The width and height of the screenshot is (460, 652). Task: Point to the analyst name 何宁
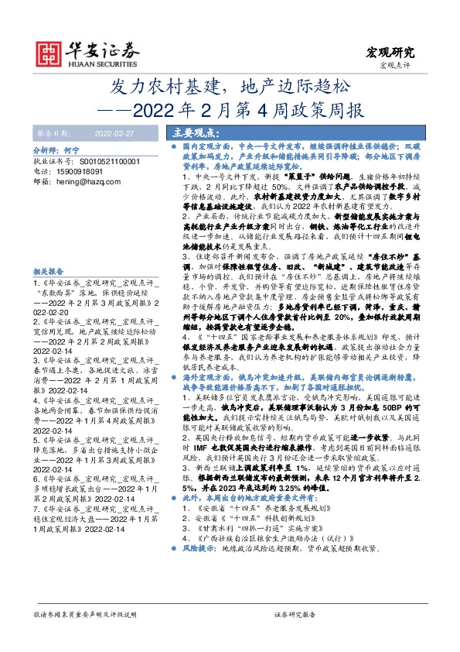[72, 148]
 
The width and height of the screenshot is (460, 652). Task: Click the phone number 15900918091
[80, 170]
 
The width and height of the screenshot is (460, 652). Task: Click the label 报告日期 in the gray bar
[53, 133]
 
